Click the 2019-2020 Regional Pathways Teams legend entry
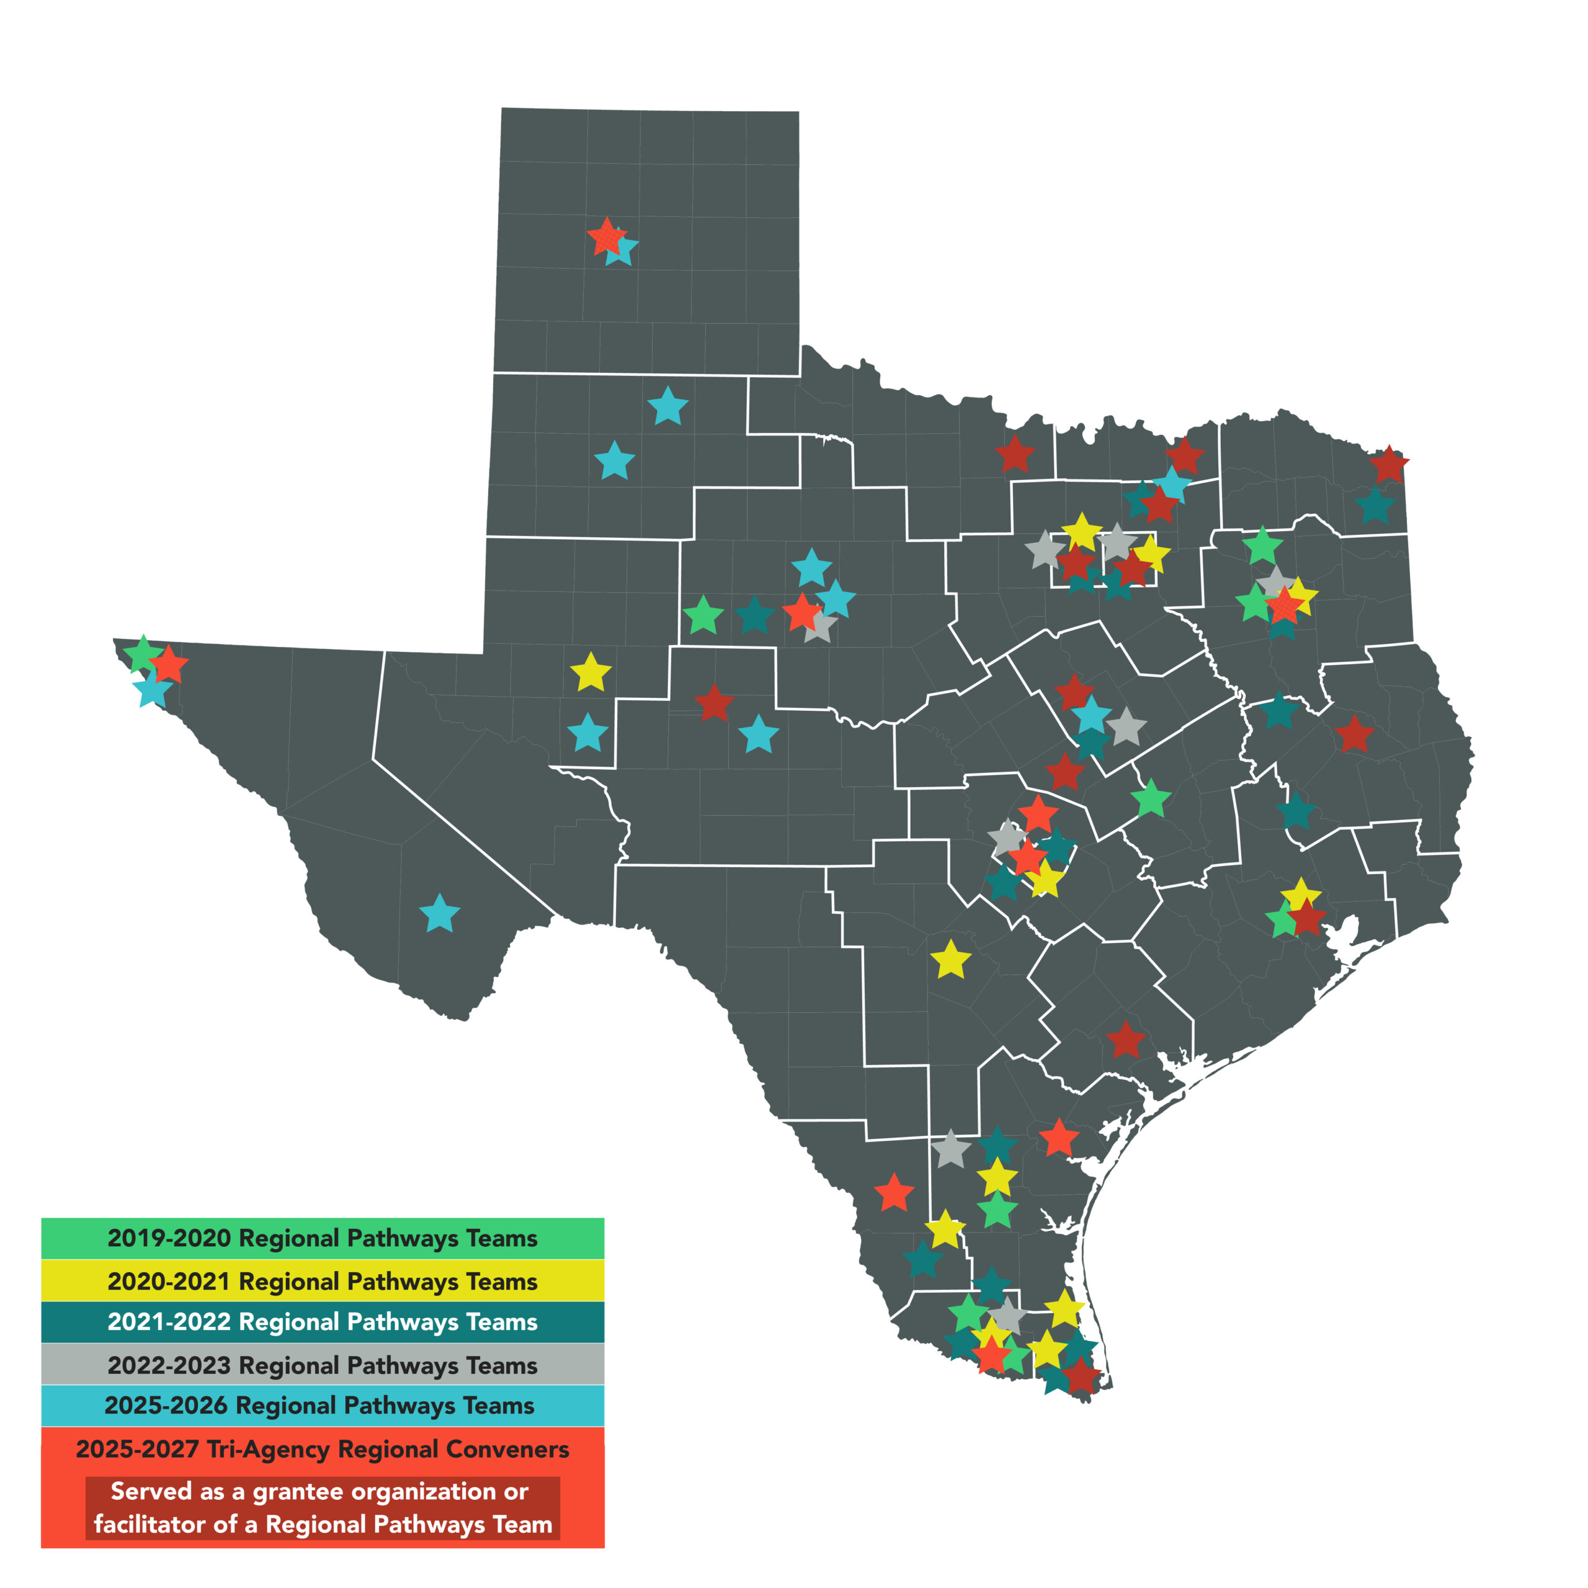tap(322, 1238)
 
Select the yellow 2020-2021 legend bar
tap(322, 1280)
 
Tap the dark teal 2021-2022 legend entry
tap(322, 1322)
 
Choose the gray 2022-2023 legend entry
tap(322, 1365)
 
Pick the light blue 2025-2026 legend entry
tap(322, 1406)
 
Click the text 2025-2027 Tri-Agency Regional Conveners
tap(322, 1448)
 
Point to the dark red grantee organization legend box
tap(322, 1507)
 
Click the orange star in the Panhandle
tap(607, 238)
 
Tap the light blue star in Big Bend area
tap(440, 914)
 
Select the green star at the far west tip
tap(142, 654)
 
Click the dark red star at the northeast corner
tap(1389, 466)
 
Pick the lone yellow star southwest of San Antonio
tap(951, 960)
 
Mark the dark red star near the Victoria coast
tap(1125, 1041)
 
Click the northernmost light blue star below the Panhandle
tap(667, 407)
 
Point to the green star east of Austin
tap(1151, 799)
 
